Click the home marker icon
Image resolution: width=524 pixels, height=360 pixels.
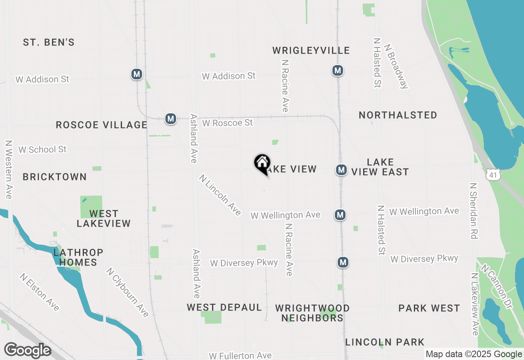pyautogui.click(x=262, y=163)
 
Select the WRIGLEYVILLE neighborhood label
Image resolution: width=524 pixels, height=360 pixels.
pyautogui.click(x=311, y=50)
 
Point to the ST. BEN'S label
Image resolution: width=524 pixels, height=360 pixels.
pyautogui.click(x=49, y=42)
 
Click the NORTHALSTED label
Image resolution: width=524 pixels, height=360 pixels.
pyautogui.click(x=398, y=115)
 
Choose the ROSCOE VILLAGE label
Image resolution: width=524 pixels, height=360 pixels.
pyautogui.click(x=101, y=125)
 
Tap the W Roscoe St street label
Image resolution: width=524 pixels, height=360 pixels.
pyautogui.click(x=227, y=122)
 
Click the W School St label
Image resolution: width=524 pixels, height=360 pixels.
pyautogui.click(x=42, y=149)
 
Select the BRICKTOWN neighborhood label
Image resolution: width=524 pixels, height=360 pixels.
pyautogui.click(x=54, y=177)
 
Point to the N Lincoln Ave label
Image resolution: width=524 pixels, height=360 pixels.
pyautogui.click(x=220, y=195)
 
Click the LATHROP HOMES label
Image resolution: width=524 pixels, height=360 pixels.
pyautogui.click(x=78, y=257)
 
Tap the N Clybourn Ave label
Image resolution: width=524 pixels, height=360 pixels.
pyautogui.click(x=127, y=292)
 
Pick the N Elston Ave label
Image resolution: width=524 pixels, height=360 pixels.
pyautogui.click(x=39, y=292)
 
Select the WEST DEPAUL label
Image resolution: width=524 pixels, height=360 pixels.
pyautogui.click(x=224, y=307)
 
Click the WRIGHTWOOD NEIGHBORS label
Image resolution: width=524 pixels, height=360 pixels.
pyautogui.click(x=312, y=313)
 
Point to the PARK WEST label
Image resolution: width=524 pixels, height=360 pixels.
pyautogui.click(x=429, y=308)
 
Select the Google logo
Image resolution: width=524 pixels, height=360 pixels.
pyautogui.click(x=27, y=351)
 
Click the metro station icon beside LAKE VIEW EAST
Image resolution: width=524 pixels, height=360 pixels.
pyautogui.click(x=341, y=170)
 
